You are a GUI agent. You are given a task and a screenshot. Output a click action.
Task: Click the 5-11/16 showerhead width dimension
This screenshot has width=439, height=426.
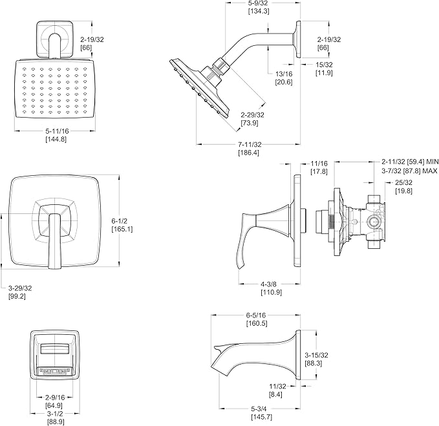(x=57, y=131)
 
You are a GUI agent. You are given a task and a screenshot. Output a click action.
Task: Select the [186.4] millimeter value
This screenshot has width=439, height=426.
(x=249, y=153)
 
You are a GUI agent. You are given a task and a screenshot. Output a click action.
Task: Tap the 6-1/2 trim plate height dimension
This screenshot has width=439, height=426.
(x=119, y=221)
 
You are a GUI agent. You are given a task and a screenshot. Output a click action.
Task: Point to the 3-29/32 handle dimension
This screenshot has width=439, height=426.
(x=20, y=288)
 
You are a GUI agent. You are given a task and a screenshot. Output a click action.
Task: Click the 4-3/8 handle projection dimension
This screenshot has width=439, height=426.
(x=269, y=284)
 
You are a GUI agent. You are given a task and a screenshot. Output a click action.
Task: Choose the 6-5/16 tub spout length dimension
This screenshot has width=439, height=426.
(x=256, y=315)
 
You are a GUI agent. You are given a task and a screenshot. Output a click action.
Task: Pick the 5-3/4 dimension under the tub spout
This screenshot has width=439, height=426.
(x=259, y=409)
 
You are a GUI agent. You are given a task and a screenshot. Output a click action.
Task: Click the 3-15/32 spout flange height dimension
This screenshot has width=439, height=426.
(x=316, y=355)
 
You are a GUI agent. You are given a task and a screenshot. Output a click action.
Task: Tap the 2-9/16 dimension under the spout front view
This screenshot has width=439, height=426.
(x=55, y=397)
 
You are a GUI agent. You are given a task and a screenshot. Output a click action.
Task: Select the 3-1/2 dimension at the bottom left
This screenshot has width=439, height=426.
(x=55, y=414)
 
